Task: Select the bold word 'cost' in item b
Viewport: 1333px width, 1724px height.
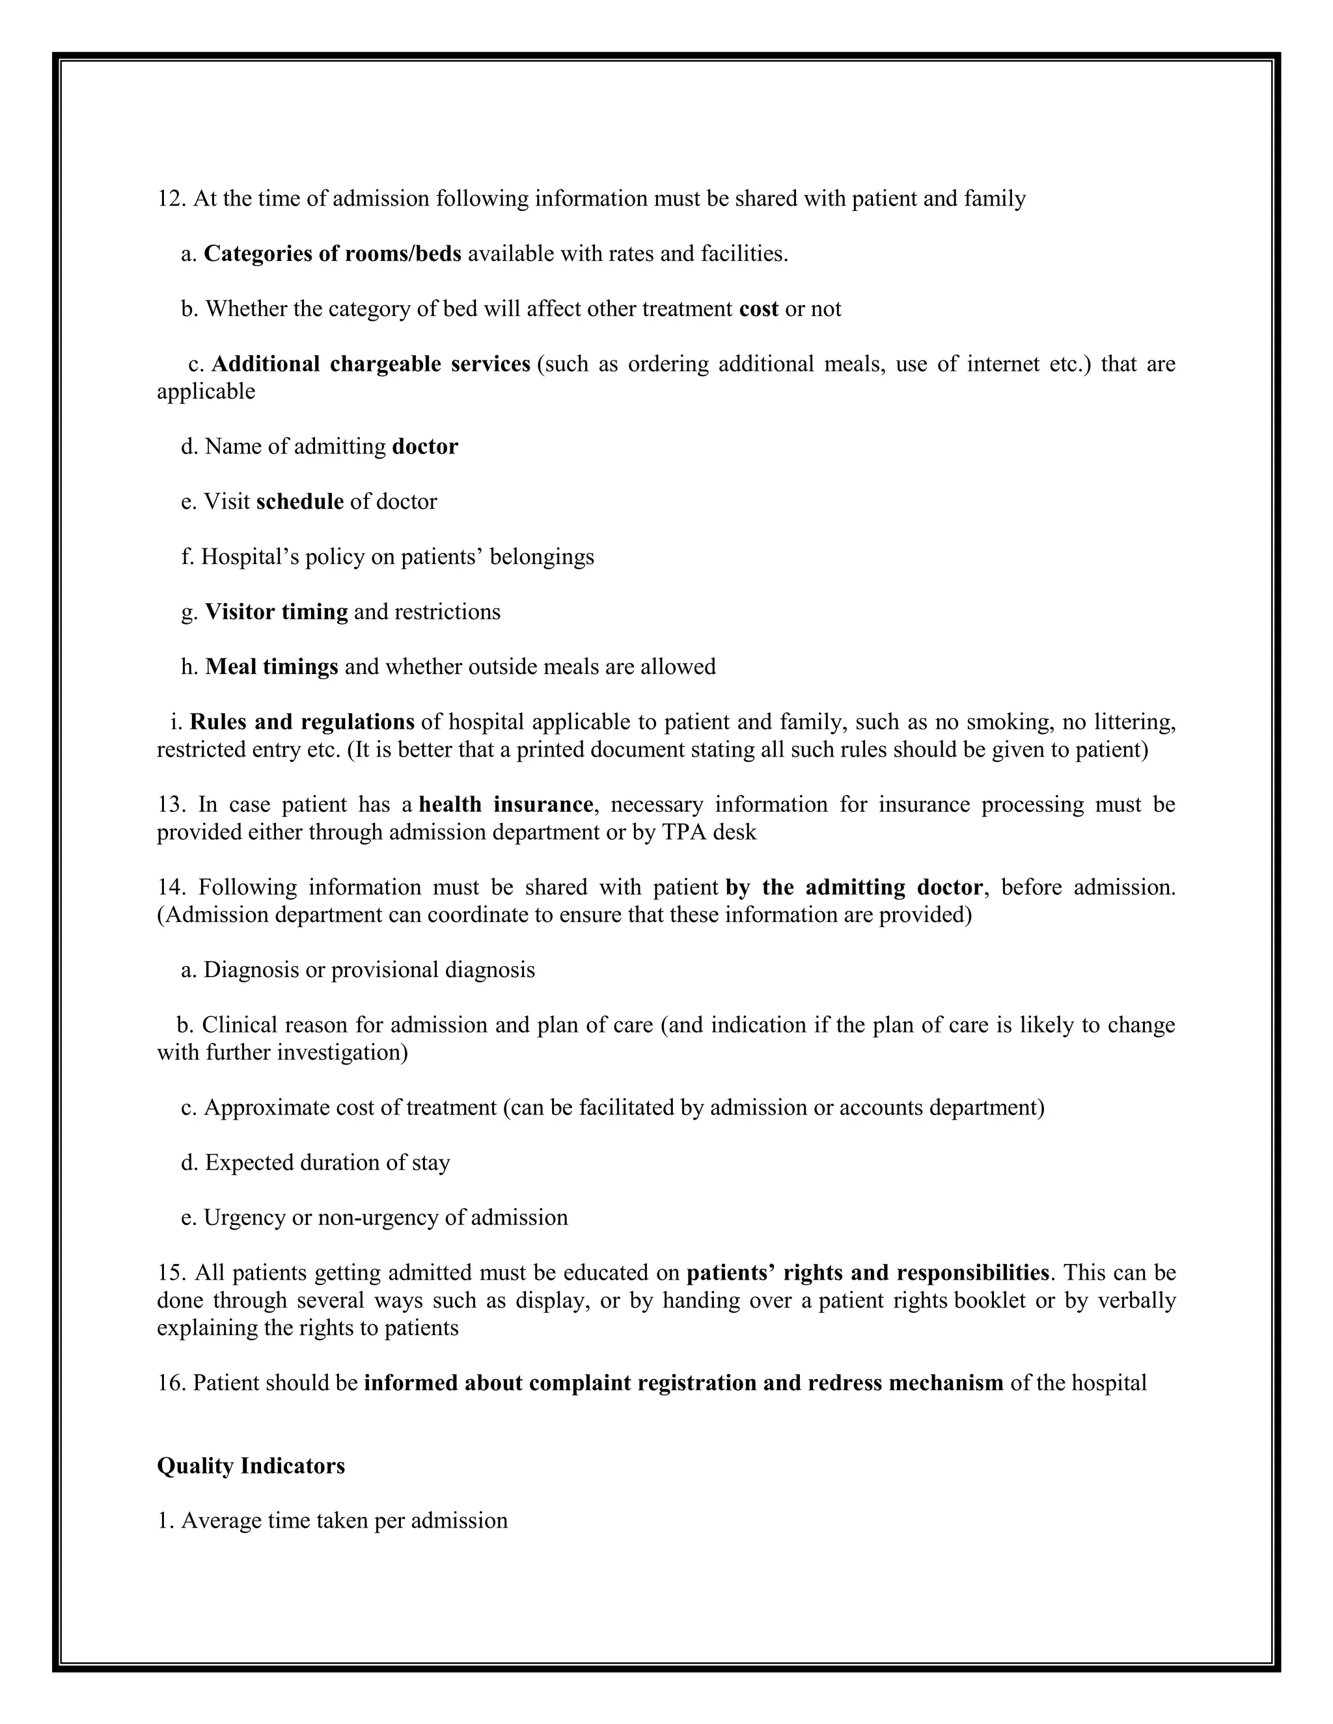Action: [758, 308]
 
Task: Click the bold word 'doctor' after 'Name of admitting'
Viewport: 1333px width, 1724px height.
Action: [425, 447]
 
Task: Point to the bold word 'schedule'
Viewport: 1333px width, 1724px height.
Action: [299, 502]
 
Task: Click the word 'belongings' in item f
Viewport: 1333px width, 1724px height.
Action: [542, 558]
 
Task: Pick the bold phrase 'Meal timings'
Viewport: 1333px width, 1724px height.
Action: [271, 667]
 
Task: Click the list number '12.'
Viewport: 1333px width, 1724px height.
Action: [171, 198]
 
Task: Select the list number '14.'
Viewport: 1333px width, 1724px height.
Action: [171, 887]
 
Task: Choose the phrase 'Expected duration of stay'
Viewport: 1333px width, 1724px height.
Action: [327, 1163]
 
